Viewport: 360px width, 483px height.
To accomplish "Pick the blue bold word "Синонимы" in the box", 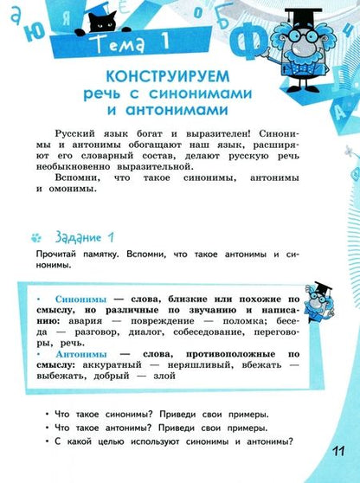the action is [x=79, y=299].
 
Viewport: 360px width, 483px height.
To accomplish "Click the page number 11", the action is [x=337, y=454].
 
